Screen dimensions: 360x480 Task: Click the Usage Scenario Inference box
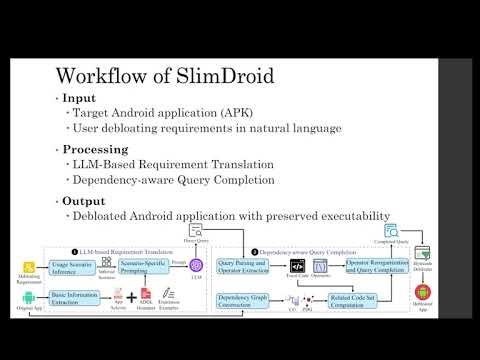point(71,266)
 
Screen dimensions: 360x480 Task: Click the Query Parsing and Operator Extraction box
point(245,266)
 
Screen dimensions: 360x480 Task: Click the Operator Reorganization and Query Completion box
point(375,266)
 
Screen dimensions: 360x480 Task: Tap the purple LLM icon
point(196,265)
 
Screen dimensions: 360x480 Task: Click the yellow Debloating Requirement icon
point(30,266)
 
